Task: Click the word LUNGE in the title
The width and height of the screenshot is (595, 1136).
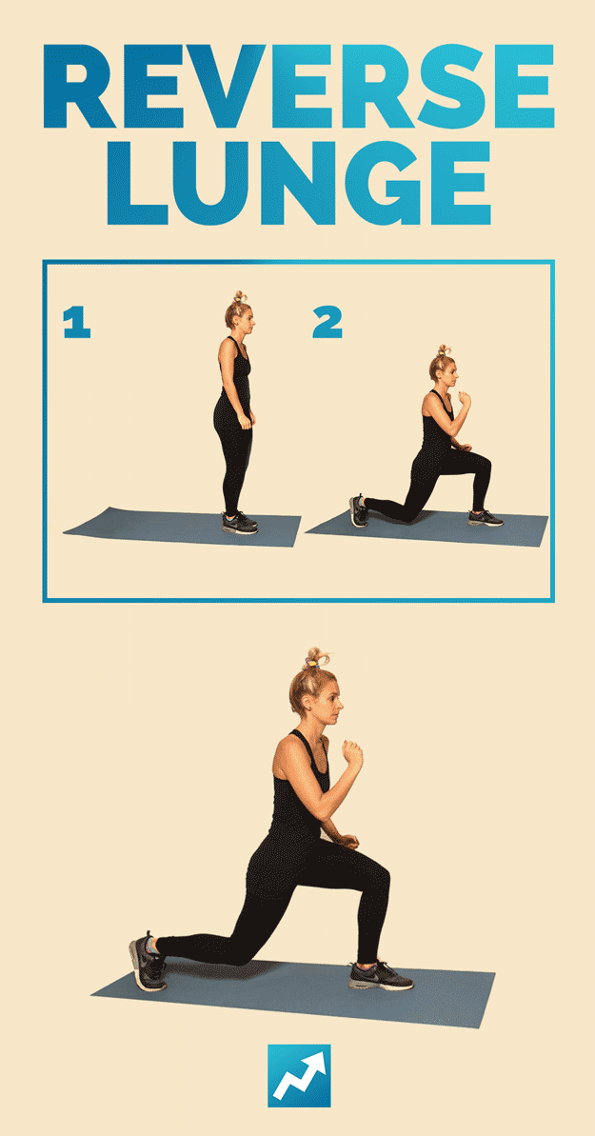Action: (299, 183)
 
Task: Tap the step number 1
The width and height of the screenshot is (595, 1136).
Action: (77, 323)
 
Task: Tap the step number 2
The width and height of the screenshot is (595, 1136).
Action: (327, 323)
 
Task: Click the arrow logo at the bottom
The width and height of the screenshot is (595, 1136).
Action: (299, 1075)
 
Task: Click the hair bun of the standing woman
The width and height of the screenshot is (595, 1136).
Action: (238, 298)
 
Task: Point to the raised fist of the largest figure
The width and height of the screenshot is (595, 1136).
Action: (352, 755)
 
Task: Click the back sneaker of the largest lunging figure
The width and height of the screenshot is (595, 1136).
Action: (148, 962)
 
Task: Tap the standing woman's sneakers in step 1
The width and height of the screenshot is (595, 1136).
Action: (240, 523)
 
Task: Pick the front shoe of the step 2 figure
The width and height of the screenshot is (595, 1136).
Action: (485, 518)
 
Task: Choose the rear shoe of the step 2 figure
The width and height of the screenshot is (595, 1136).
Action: (358, 510)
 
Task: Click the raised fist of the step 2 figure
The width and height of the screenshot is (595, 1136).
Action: (464, 399)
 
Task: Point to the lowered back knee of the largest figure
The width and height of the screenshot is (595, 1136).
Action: (239, 954)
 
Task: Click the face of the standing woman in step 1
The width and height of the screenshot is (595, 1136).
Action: (248, 321)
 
